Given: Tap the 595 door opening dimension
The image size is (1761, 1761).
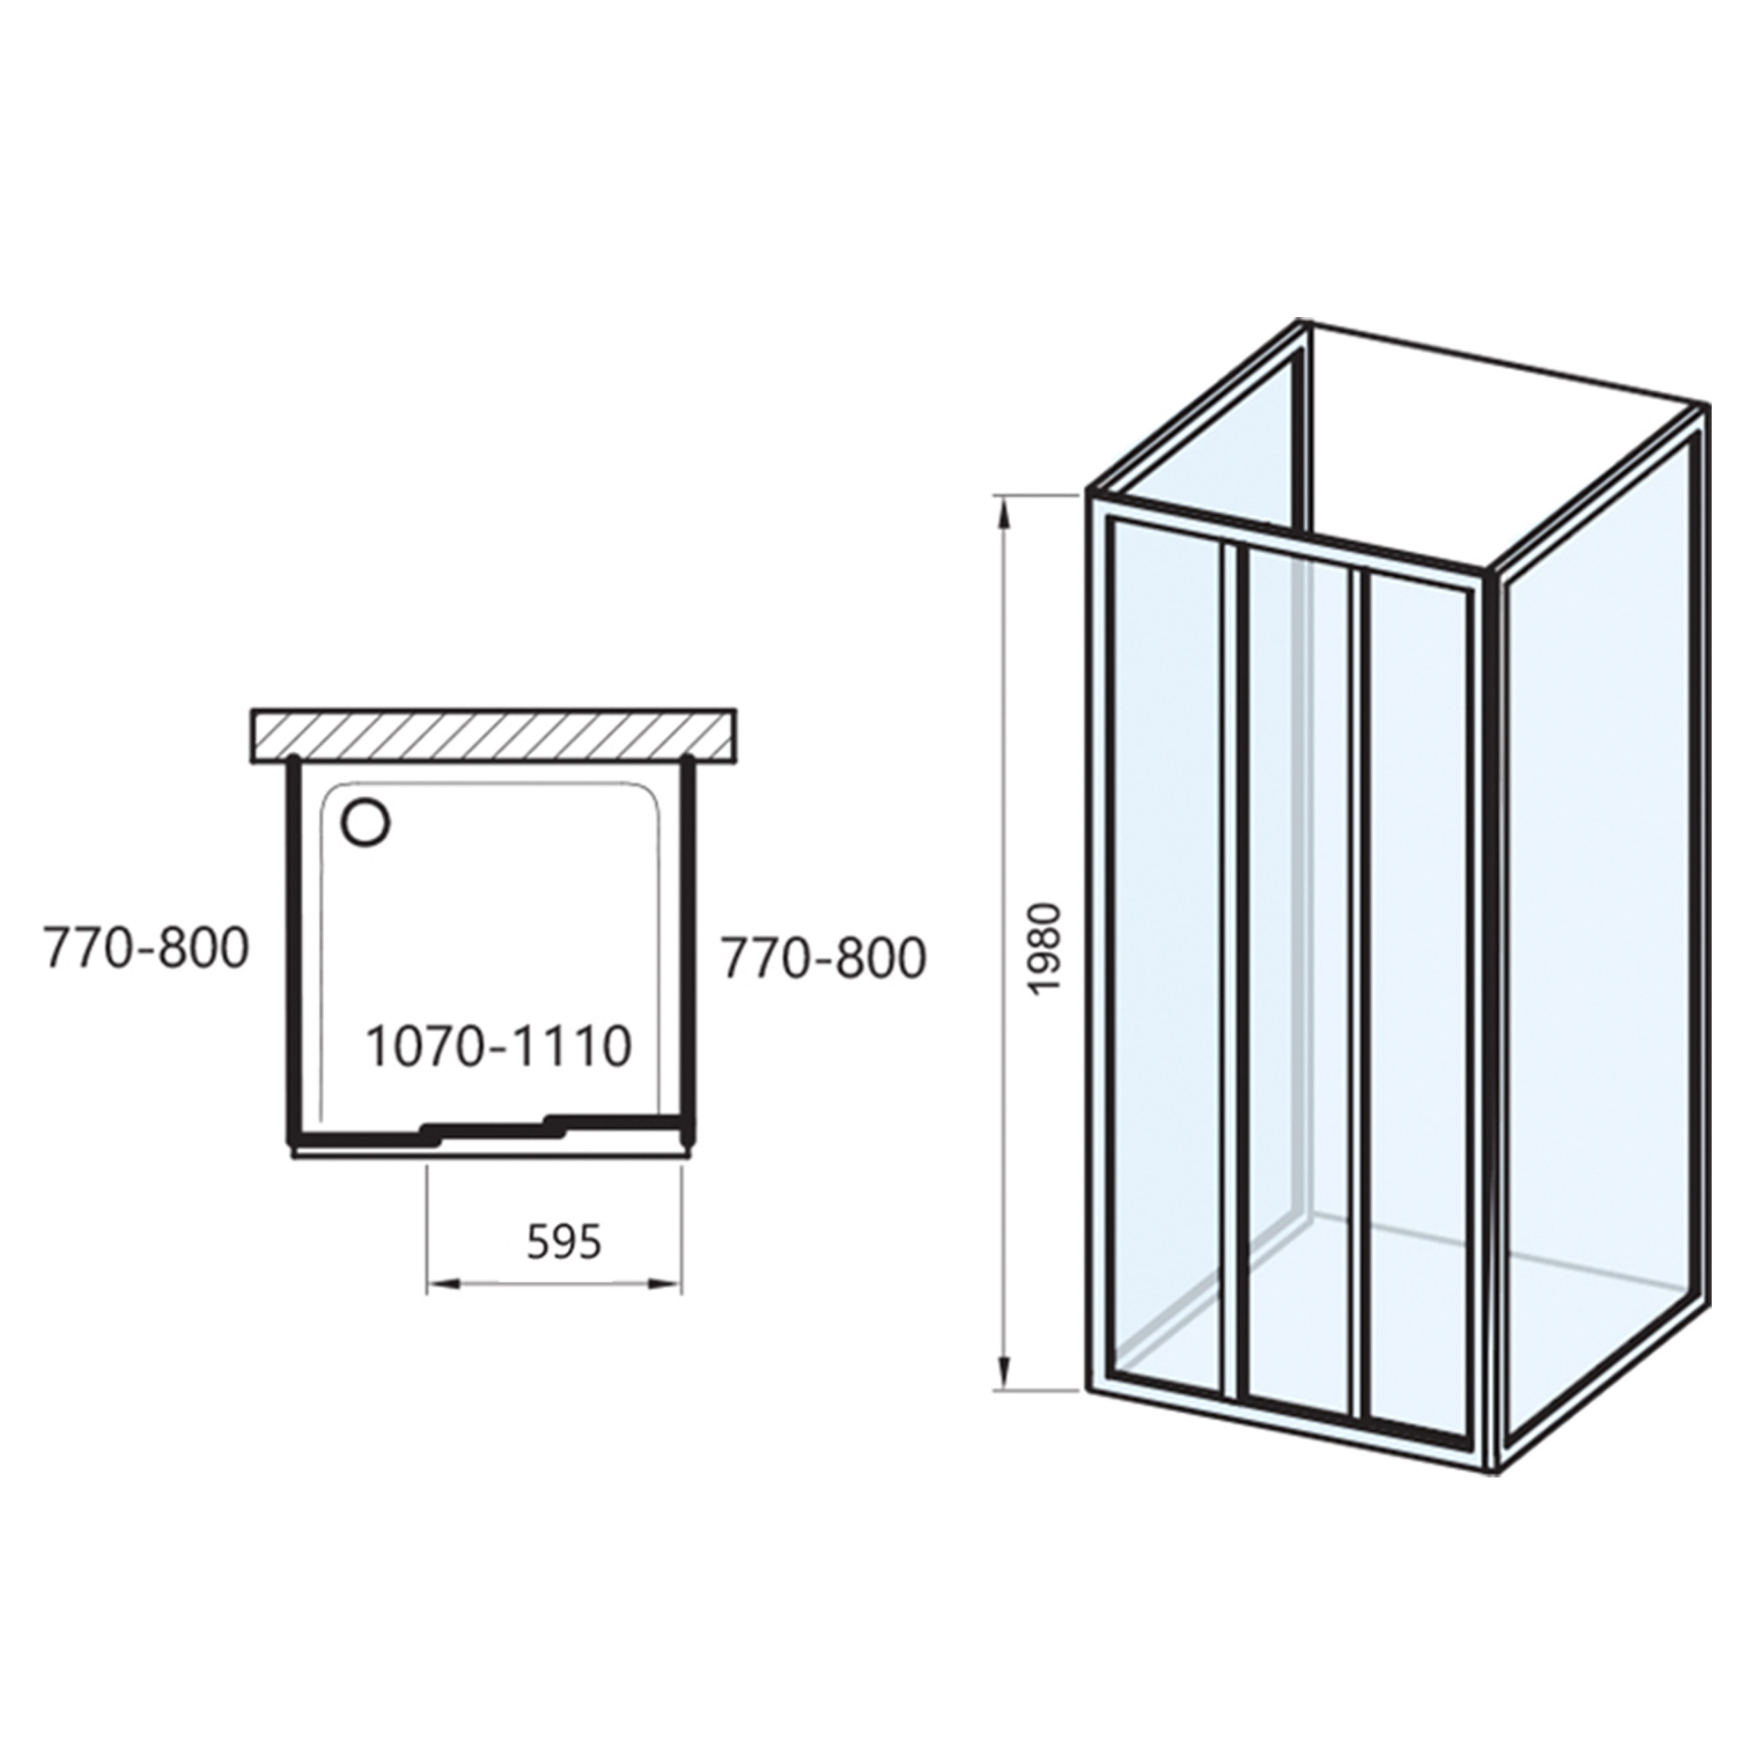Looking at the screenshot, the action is point(564,1241).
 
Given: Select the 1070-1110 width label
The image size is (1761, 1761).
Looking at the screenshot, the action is point(498,1046).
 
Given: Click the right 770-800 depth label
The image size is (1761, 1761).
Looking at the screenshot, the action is point(823,958).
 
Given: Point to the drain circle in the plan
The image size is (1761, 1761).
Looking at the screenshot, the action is point(366,822).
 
